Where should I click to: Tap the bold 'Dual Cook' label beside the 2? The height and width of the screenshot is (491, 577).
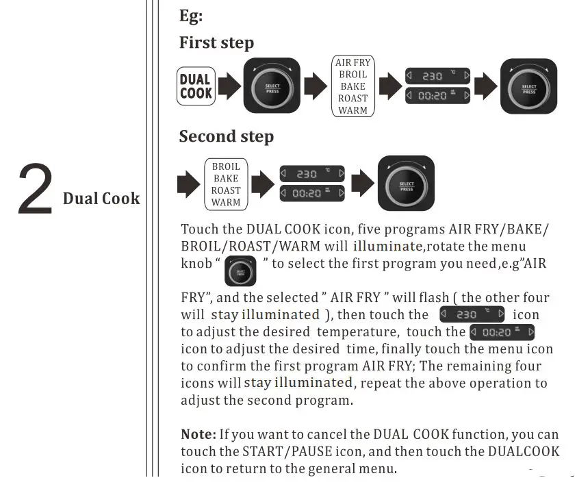pyautogui.click(x=101, y=199)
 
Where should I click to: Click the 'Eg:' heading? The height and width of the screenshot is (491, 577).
pyautogui.click(x=191, y=16)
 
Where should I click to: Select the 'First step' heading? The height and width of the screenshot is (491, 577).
pyautogui.click(x=216, y=42)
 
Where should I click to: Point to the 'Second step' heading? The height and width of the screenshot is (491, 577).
pyautogui.click(x=226, y=136)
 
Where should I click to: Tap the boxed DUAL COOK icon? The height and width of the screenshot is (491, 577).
pyautogui.click(x=196, y=86)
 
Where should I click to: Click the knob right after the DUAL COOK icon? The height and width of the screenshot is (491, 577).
pyautogui.click(x=272, y=86)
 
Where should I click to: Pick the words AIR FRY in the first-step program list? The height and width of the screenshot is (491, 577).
pyautogui.click(x=352, y=63)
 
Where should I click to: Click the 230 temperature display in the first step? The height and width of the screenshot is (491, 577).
pyautogui.click(x=437, y=76)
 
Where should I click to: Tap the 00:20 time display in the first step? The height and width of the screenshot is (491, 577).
pyautogui.click(x=437, y=96)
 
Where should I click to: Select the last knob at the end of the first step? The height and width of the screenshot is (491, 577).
pyautogui.click(x=528, y=86)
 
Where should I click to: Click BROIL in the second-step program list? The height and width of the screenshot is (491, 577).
pyautogui.click(x=226, y=166)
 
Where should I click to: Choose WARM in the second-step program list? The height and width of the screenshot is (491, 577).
pyautogui.click(x=226, y=203)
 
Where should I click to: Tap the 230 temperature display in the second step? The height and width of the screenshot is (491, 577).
pyautogui.click(x=312, y=174)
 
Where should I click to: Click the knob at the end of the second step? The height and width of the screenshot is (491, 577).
pyautogui.click(x=407, y=184)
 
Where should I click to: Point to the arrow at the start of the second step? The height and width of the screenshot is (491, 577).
pyautogui.click(x=188, y=184)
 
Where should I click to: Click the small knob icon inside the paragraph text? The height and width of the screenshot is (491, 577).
pyautogui.click(x=240, y=271)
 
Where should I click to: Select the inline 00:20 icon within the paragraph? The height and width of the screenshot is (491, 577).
pyautogui.click(x=502, y=332)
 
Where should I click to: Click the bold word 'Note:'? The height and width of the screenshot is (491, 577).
pyautogui.click(x=198, y=434)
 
